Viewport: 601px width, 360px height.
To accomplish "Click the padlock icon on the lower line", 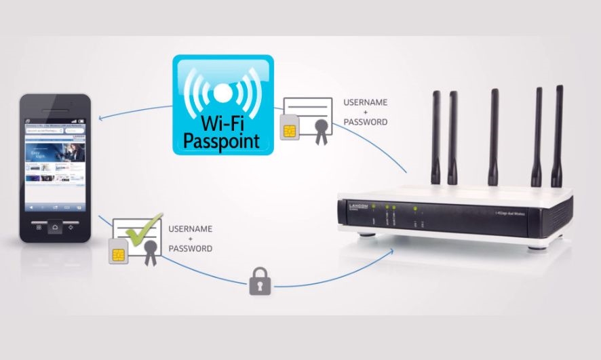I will click(x=260, y=280).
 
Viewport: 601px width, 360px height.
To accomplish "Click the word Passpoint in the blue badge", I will click(x=222, y=141).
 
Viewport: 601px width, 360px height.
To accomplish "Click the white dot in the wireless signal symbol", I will click(x=222, y=91).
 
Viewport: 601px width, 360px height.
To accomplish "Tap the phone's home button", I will click(x=55, y=227).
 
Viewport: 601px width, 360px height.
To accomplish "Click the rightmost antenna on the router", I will click(x=558, y=136).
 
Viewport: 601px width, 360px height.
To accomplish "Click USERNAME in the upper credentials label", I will click(x=366, y=102).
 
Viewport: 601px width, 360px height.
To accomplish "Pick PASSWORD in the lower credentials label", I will click(x=190, y=249).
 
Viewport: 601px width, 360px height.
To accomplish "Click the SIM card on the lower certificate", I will click(x=117, y=254).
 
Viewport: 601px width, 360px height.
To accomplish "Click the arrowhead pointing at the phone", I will click(x=101, y=118).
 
